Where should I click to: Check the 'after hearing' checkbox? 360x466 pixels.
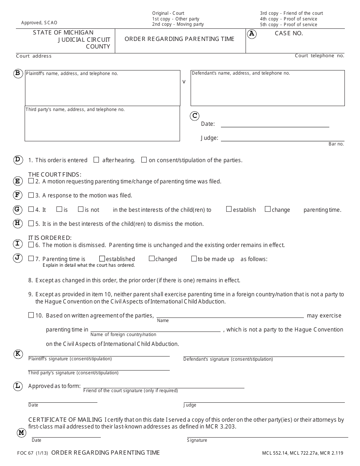click(x=96, y=160)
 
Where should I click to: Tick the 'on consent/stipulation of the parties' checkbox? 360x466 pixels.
click(x=144, y=160)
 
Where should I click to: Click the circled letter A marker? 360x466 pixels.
click(x=252, y=34)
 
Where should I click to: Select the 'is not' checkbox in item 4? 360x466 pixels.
click(x=81, y=209)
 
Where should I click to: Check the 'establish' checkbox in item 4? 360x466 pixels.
click(x=229, y=209)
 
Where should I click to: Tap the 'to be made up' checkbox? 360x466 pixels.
click(x=194, y=259)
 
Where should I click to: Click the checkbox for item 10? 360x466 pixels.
click(x=31, y=315)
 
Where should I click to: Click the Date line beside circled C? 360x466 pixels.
click(x=275, y=124)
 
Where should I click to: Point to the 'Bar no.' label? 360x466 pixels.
click(x=336, y=144)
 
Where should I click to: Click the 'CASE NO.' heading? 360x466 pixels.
click(x=289, y=33)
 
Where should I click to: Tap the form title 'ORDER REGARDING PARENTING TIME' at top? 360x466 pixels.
click(x=179, y=39)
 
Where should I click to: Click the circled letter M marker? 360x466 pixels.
click(x=21, y=433)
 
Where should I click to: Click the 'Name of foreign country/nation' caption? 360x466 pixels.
click(x=123, y=335)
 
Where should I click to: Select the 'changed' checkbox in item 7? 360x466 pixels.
click(x=152, y=259)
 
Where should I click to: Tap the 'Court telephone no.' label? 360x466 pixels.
click(x=319, y=56)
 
